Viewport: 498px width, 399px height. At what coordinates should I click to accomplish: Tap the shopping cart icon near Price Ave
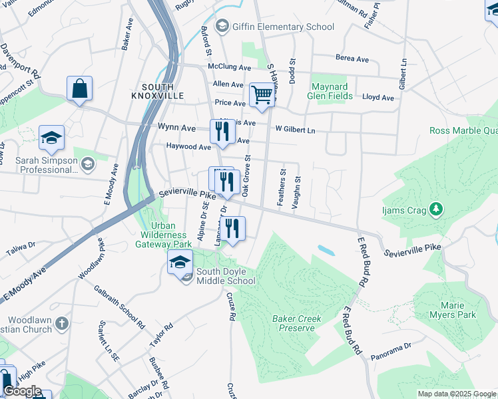click(x=262, y=95)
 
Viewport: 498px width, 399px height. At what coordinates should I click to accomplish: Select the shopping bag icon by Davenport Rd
click(x=79, y=89)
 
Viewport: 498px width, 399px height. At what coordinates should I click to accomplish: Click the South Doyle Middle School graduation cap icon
click(x=180, y=263)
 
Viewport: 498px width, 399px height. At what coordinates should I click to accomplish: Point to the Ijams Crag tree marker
click(x=436, y=210)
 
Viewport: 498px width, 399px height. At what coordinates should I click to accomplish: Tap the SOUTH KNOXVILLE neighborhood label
click(x=158, y=92)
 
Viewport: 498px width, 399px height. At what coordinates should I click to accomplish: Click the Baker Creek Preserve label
click(x=297, y=323)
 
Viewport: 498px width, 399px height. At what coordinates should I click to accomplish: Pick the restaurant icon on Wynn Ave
click(x=222, y=132)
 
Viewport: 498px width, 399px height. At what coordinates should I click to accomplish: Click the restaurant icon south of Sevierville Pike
click(x=234, y=229)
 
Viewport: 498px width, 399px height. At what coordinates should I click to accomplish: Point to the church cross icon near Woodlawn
click(x=61, y=324)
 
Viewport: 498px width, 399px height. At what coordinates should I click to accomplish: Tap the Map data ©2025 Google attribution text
click(x=457, y=394)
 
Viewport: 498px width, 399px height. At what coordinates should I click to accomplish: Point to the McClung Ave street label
click(x=229, y=68)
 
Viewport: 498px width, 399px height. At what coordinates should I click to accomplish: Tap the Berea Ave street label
click(x=352, y=59)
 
